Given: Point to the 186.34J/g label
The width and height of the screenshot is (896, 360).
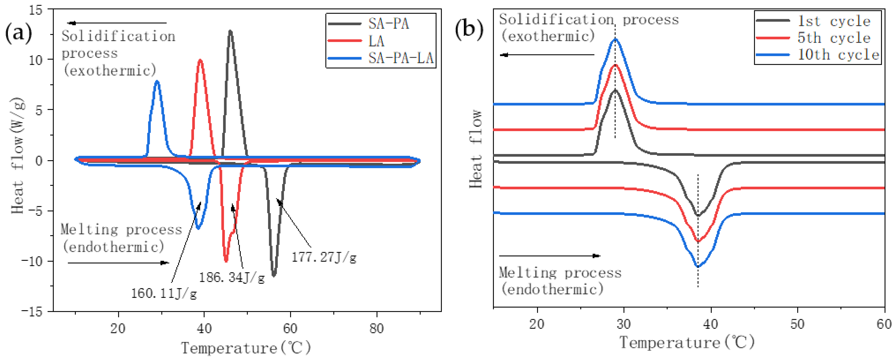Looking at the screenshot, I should pyautogui.click(x=232, y=277).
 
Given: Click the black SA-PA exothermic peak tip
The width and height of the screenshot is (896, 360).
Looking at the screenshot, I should pyautogui.click(x=230, y=31).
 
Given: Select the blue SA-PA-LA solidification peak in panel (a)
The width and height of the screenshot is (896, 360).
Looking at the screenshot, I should pyautogui.click(x=157, y=81).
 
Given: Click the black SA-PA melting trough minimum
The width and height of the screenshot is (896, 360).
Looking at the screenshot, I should pyautogui.click(x=274, y=275).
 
